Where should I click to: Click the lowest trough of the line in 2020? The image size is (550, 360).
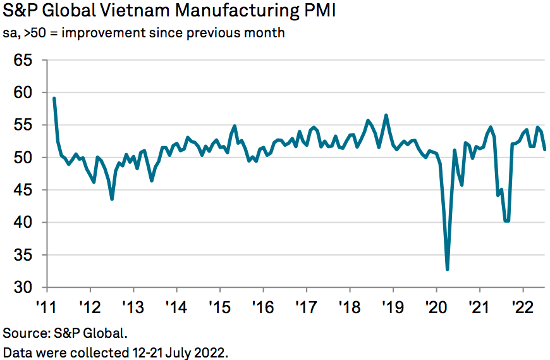click(448, 270)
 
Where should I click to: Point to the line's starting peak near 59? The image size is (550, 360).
click(54, 99)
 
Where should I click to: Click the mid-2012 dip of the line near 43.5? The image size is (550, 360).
click(112, 199)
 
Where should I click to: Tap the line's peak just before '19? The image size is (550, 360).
click(386, 115)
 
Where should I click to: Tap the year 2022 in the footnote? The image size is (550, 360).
click(211, 352)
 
